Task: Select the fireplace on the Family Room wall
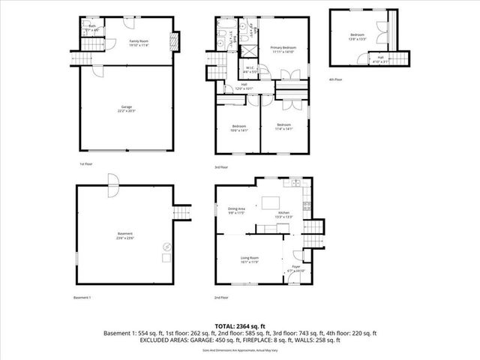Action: (174, 40)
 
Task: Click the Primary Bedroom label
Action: (284, 49)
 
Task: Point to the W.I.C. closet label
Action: (250, 69)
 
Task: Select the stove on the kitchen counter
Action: (305, 205)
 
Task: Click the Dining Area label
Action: (236, 210)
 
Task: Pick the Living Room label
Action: (250, 259)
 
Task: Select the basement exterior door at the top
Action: (112, 181)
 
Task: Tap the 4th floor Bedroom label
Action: (357, 37)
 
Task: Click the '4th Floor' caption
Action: (336, 78)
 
